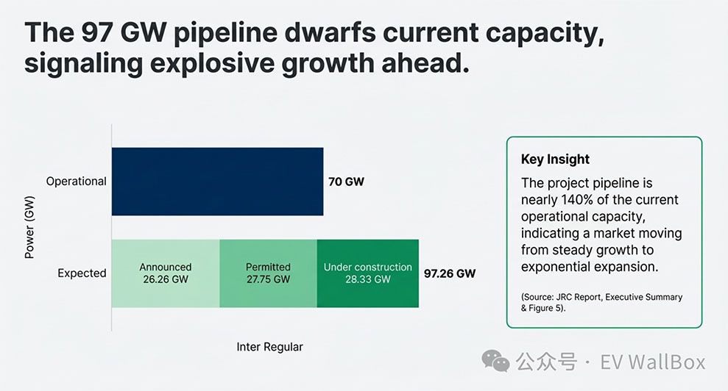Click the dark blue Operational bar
tap(217, 182)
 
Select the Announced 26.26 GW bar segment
tap(166, 273)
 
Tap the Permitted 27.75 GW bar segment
tap(268, 273)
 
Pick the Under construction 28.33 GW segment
tap(368, 273)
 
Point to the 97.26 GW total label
tap(450, 273)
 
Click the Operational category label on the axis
tap(77, 182)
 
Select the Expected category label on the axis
tap(82, 273)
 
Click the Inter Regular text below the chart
tap(269, 346)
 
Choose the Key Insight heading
tap(555, 159)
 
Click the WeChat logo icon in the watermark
tap(495, 360)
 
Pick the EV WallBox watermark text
tap(653, 362)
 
